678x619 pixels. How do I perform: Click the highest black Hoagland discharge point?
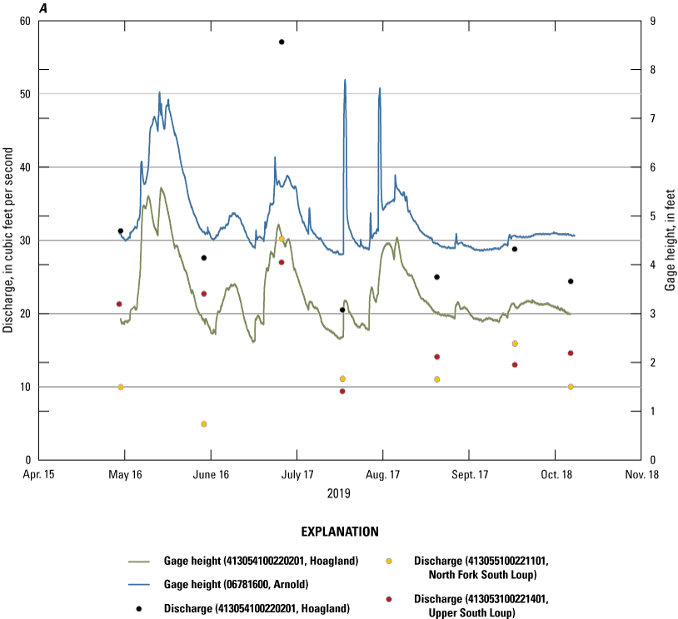[282, 42]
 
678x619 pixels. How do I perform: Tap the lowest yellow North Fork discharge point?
[203, 424]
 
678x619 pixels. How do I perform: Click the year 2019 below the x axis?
[338, 493]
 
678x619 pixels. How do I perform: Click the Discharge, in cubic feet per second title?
[8, 240]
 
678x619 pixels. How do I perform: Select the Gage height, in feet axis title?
[670, 240]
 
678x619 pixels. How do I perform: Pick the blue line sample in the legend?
[143, 585]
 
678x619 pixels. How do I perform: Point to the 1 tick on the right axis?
[655, 411]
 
